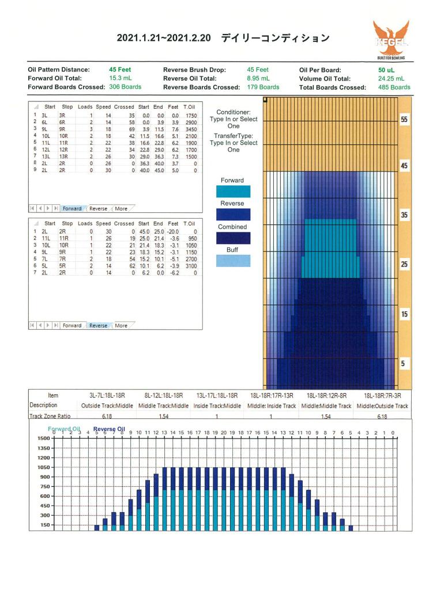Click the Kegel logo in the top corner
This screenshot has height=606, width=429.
(391, 40)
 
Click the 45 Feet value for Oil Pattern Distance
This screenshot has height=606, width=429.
(120, 70)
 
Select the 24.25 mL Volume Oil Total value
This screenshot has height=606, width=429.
(391, 78)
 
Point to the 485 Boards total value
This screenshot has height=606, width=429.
(394, 87)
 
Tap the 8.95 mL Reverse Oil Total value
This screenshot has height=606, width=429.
(259, 78)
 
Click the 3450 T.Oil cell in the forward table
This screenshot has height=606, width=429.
(191, 129)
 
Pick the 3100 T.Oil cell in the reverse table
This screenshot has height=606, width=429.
(191, 266)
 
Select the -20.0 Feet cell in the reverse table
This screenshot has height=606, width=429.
(173, 232)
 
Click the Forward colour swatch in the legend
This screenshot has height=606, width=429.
(233, 192)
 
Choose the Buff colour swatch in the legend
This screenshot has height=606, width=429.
(233, 261)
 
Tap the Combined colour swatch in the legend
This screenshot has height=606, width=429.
(233, 238)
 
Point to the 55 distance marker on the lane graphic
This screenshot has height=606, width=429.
(404, 120)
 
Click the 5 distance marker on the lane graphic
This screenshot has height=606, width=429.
(403, 363)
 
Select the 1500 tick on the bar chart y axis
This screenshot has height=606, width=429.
(44, 439)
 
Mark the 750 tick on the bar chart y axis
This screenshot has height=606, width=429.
(46, 486)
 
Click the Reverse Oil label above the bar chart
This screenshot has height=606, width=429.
(109, 429)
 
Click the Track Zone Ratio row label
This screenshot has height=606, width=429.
(50, 416)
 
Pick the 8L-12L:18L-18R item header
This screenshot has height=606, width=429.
(164, 396)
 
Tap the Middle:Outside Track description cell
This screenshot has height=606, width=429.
(382, 406)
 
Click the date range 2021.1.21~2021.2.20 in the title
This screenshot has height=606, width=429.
(164, 38)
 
